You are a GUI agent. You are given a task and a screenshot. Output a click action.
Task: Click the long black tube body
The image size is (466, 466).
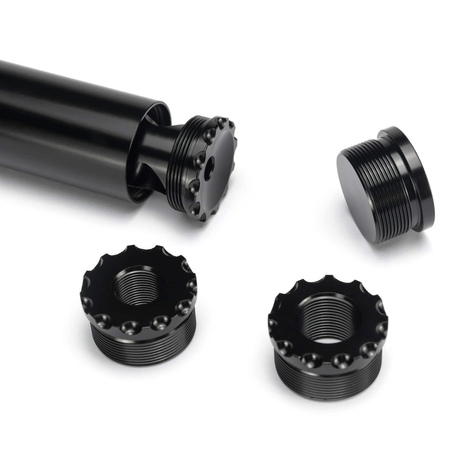tap(73, 122)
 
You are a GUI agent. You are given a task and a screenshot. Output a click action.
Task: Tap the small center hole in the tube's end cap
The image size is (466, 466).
tap(209, 168)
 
